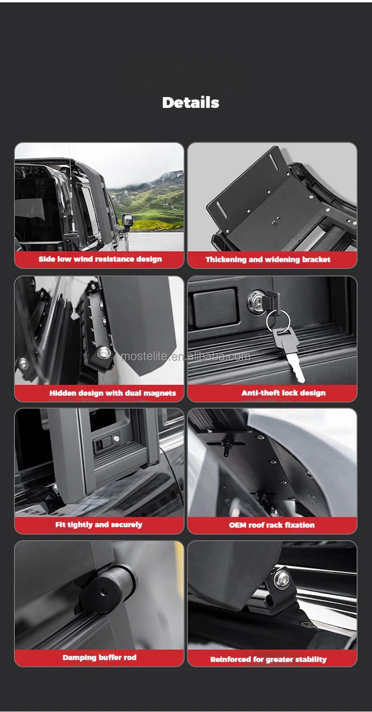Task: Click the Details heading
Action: click(x=191, y=103)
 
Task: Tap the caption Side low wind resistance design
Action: click(x=100, y=259)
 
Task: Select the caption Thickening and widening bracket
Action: click(x=268, y=260)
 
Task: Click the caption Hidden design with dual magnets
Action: click(x=113, y=393)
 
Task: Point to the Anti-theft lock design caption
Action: click(x=283, y=393)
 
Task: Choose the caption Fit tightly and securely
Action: click(x=99, y=525)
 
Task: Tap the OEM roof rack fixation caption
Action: click(x=272, y=525)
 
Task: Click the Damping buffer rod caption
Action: click(x=99, y=657)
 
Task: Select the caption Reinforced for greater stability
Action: click(x=268, y=660)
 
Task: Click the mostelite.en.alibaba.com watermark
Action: click(x=186, y=356)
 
